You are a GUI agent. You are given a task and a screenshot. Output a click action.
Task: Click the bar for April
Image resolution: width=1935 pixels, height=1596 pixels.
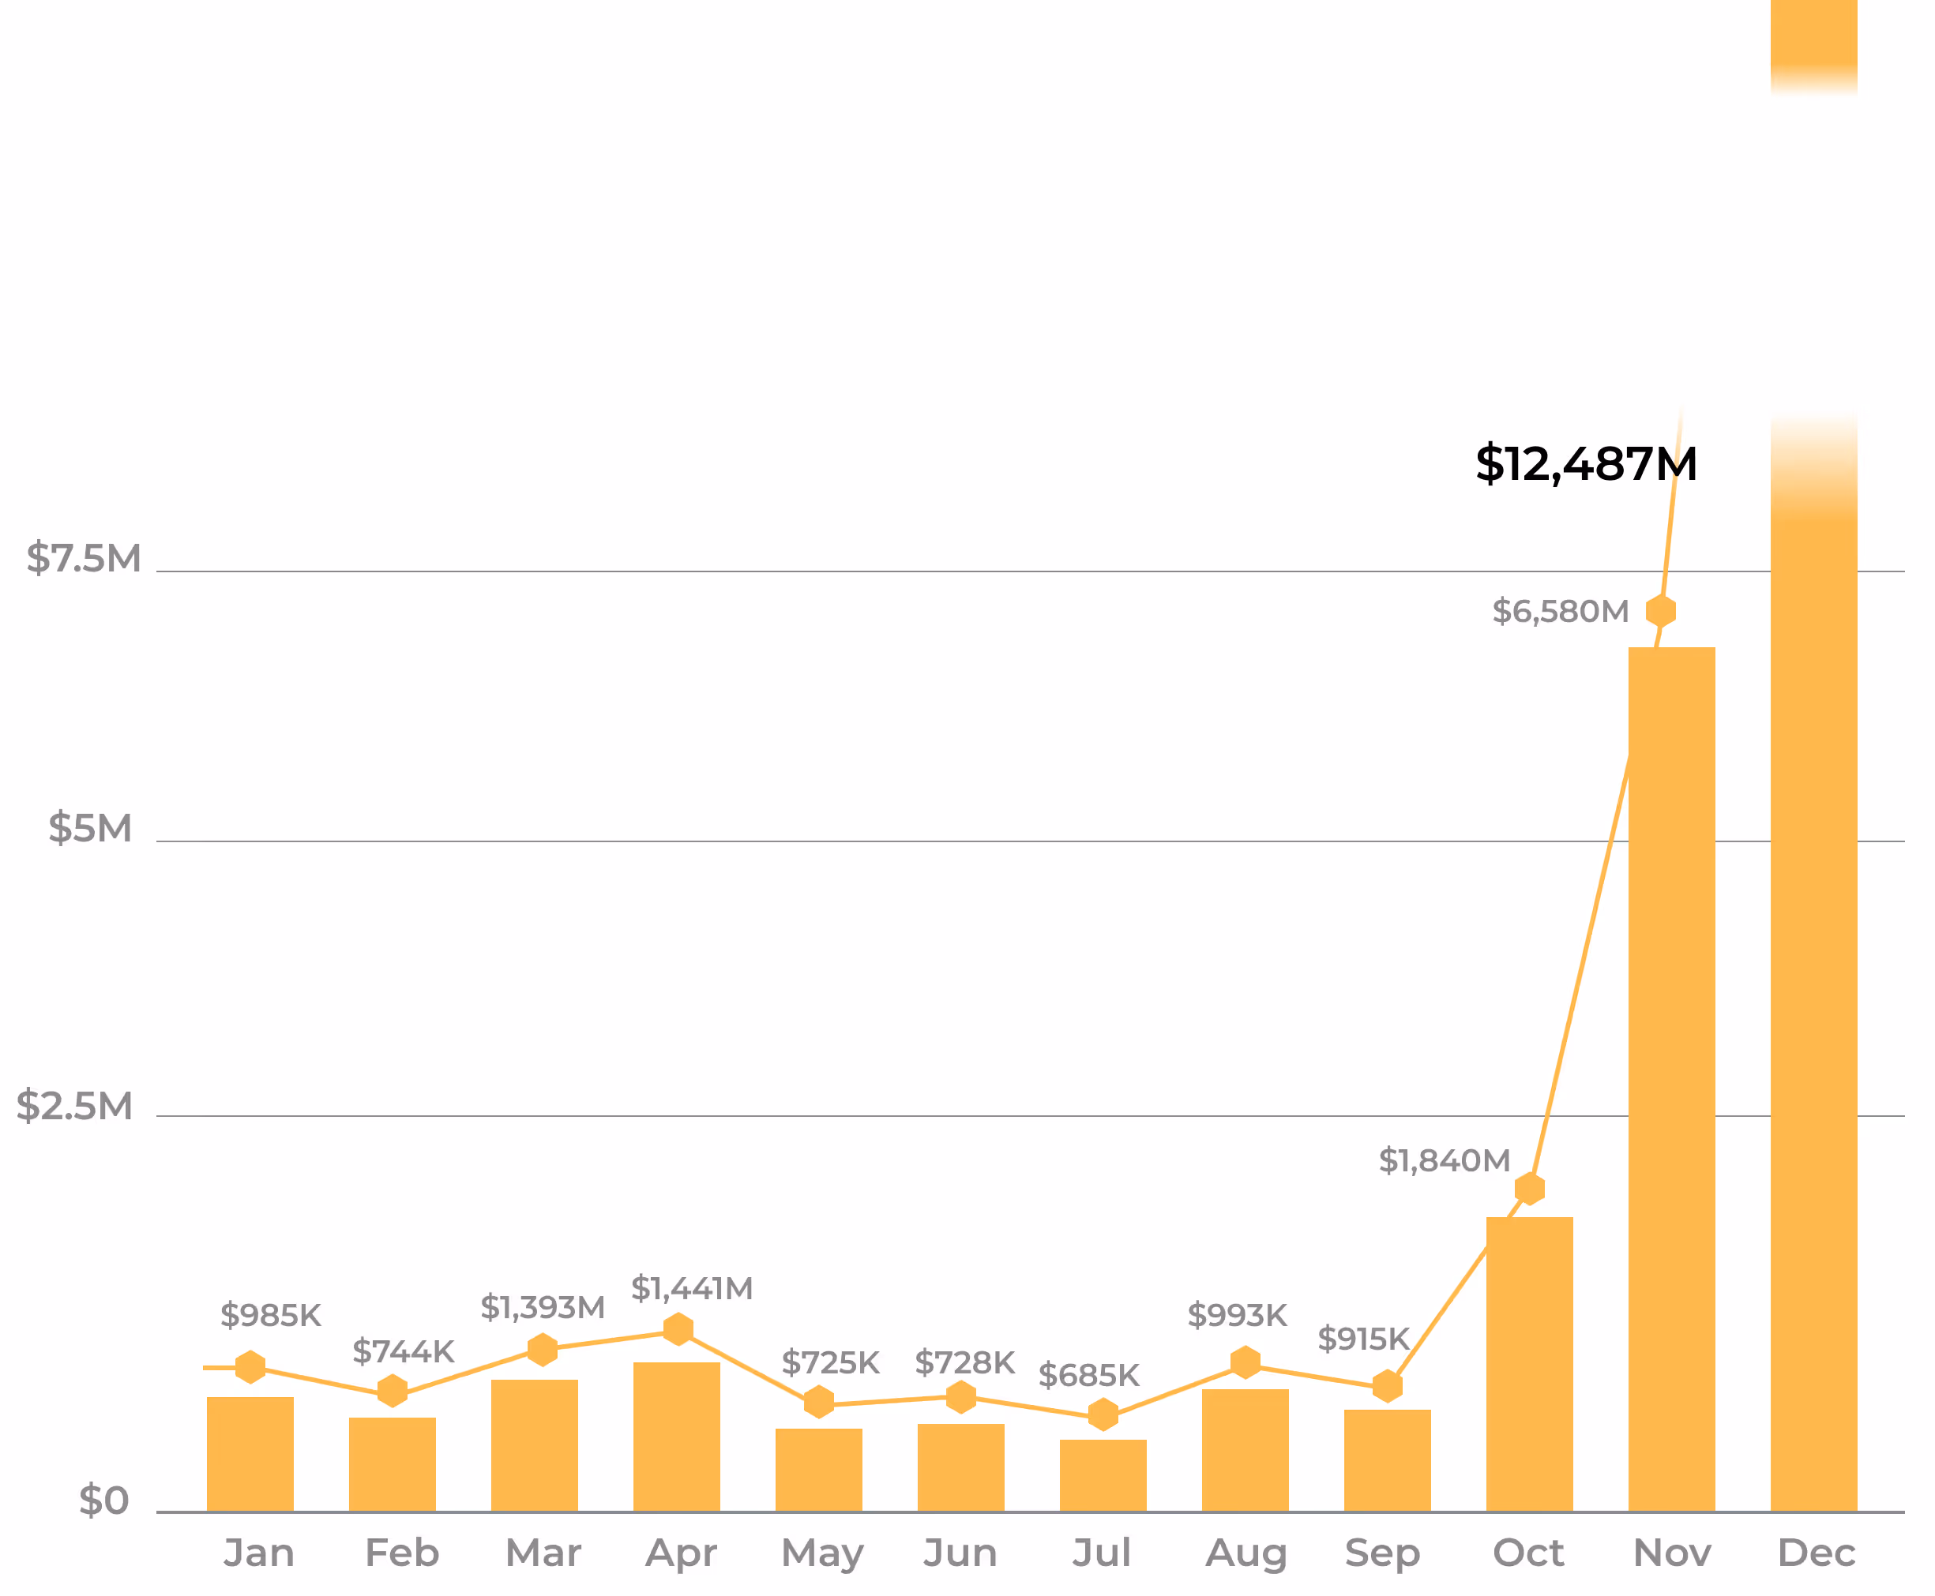coord(677,1436)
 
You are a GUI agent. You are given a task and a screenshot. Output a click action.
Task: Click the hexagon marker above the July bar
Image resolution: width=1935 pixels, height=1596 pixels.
coord(1103,1415)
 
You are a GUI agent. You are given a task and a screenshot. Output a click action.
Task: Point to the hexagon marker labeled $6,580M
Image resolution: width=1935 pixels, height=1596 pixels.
coord(1661,612)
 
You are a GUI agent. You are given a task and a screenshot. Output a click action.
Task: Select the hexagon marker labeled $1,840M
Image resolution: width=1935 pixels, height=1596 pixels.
coord(1529,1189)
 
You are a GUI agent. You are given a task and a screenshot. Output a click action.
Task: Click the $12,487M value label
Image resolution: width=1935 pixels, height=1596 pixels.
coord(1587,464)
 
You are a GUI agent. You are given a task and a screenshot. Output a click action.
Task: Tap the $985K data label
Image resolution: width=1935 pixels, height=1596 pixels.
coord(270,1316)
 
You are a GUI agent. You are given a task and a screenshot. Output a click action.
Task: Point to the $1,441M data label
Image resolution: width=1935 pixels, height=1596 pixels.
coord(692,1289)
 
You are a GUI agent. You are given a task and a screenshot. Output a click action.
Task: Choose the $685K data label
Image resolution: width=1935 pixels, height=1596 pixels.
coord(1089,1377)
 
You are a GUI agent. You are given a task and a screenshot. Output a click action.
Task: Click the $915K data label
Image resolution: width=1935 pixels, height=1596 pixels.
coord(1363,1339)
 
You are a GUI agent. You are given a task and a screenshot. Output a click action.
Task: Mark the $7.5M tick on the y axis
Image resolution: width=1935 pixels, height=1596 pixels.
coord(84,559)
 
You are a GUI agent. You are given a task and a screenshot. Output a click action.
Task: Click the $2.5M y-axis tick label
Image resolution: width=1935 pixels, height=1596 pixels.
coord(74,1106)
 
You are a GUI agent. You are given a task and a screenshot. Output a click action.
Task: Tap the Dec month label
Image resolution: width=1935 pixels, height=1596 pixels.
coord(1817,1553)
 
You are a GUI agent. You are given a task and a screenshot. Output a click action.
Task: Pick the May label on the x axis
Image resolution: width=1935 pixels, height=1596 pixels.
coord(822,1553)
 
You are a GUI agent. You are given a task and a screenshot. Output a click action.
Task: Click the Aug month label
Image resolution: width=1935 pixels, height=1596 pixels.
coord(1246,1553)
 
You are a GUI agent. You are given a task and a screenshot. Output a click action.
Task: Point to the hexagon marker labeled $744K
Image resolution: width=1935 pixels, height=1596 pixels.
coord(393,1391)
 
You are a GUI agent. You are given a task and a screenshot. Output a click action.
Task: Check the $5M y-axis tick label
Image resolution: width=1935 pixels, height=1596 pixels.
coord(90,828)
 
